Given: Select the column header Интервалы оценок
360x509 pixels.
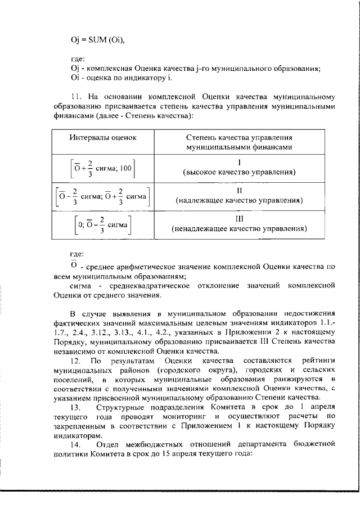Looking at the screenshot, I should pyautogui.click(x=102, y=137).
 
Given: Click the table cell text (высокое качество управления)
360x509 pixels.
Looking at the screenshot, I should pyautogui.click(x=239, y=172).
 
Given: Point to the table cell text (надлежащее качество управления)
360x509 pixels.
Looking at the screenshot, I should pyautogui.click(x=239, y=200).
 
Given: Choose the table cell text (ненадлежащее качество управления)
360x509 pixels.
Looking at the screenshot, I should pyautogui.click(x=239, y=229).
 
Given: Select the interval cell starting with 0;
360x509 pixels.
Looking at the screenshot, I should pyautogui.click(x=102, y=224).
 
